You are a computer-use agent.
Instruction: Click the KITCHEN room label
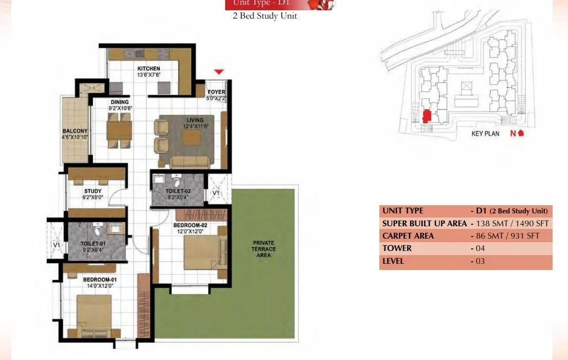(x=149, y=68)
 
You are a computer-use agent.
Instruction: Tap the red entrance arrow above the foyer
(x=219, y=71)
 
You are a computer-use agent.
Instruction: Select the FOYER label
(x=216, y=93)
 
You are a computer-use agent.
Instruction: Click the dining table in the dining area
(x=119, y=129)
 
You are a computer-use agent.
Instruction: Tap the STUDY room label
(x=93, y=191)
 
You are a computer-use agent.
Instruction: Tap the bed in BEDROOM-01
(x=94, y=312)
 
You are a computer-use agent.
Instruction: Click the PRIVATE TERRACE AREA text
(x=264, y=248)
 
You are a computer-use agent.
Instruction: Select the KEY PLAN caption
(x=485, y=134)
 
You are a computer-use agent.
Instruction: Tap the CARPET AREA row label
(x=408, y=236)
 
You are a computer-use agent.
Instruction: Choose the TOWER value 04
(x=480, y=248)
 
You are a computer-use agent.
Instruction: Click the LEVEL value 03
(x=480, y=261)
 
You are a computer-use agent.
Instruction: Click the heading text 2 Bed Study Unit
(x=265, y=16)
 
